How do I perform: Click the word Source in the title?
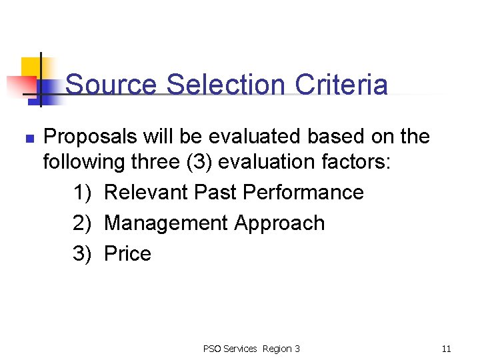[x=111, y=85]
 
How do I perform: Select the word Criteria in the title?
[x=341, y=85]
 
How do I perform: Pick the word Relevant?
[x=146, y=193]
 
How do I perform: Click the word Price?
[x=128, y=254]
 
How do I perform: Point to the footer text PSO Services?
[x=230, y=349]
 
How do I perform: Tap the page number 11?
[x=446, y=349]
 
